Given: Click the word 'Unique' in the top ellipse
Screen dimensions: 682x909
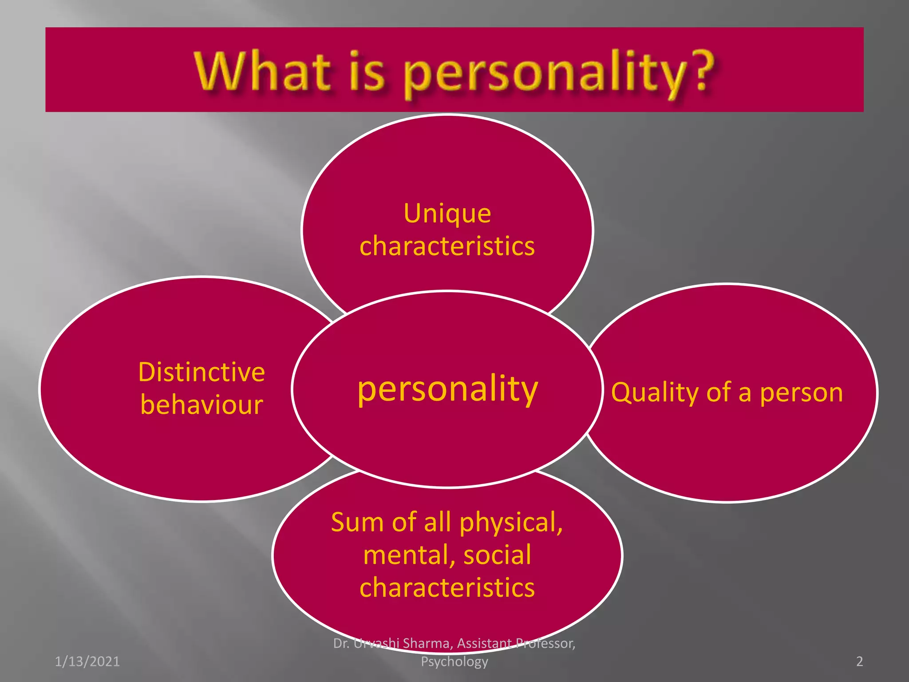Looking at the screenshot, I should pyautogui.click(x=447, y=214).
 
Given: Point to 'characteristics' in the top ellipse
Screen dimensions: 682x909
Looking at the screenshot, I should pyautogui.click(x=447, y=246).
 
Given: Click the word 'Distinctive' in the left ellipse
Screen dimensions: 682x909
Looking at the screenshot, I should pyautogui.click(x=202, y=372).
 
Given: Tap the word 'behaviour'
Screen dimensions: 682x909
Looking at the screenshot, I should pyautogui.click(x=202, y=405).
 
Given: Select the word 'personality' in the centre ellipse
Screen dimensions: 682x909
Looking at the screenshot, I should pyautogui.click(x=447, y=389).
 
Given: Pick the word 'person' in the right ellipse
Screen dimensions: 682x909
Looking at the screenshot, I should pyautogui.click(x=801, y=393).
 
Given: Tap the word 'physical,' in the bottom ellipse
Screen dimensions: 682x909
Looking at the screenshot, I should pyautogui.click(x=511, y=523).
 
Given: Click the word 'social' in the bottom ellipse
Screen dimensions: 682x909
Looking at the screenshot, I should pyautogui.click(x=497, y=555).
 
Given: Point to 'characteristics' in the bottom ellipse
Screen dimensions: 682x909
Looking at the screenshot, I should pyautogui.click(x=447, y=588).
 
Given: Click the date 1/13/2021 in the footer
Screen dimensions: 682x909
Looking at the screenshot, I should pyautogui.click(x=87, y=662).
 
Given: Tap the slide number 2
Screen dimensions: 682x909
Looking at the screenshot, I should pyautogui.click(x=860, y=662).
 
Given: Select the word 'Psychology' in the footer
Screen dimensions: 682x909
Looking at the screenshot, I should pyautogui.click(x=454, y=662).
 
